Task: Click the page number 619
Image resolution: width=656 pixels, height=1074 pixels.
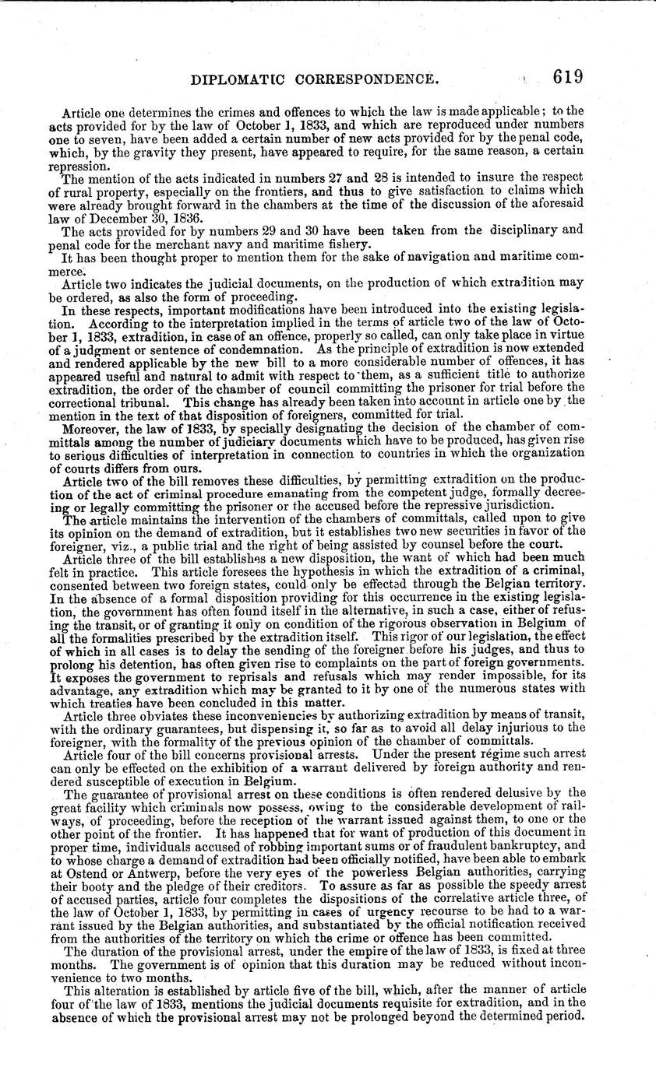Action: tap(568, 78)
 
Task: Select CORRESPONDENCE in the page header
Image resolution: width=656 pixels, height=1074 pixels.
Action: tap(371, 79)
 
